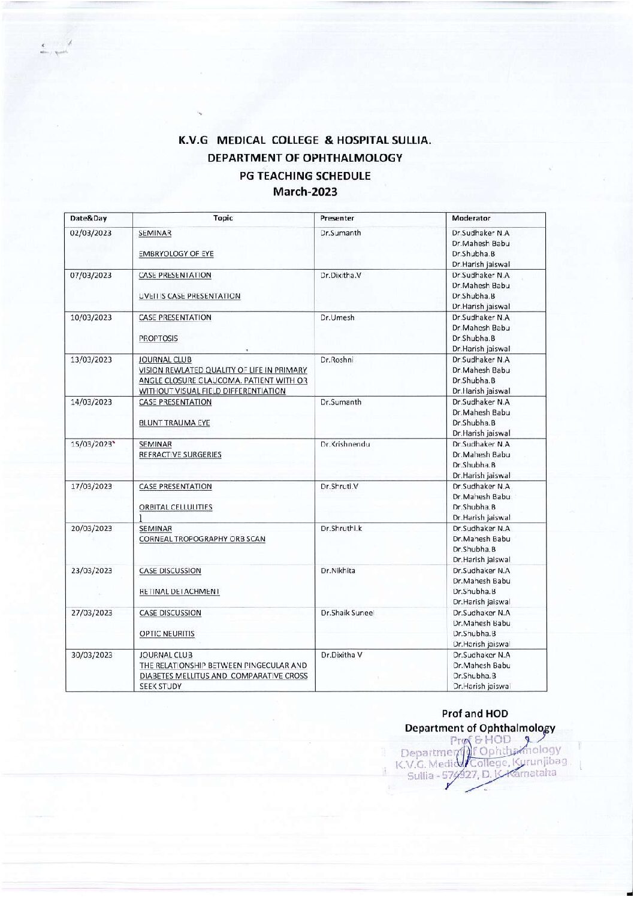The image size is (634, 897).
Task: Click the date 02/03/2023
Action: click(92, 232)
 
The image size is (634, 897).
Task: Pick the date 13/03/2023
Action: click(92, 360)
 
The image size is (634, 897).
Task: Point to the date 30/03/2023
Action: click(92, 655)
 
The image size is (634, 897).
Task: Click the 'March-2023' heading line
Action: click(305, 192)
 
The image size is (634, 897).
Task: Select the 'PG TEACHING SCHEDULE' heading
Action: click(305, 176)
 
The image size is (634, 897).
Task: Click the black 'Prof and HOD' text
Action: click(475, 714)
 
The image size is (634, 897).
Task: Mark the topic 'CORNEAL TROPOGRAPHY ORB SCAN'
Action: click(202, 539)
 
